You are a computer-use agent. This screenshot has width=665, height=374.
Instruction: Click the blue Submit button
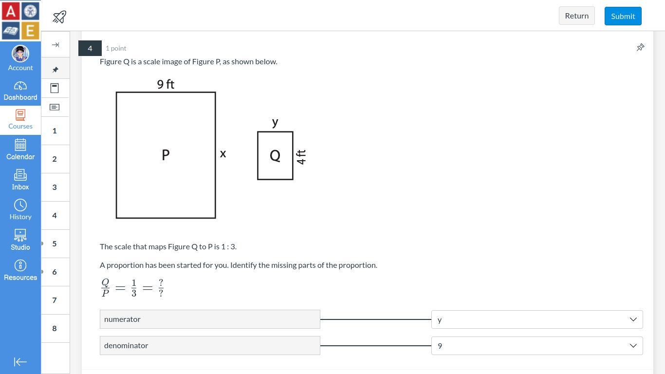(x=623, y=16)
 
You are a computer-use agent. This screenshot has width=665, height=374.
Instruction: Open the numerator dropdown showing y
(x=537, y=319)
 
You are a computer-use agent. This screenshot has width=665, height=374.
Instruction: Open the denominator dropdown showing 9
(x=537, y=345)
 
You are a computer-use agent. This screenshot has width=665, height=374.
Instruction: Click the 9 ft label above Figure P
(x=166, y=84)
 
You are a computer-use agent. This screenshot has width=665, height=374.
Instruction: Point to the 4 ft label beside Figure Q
(x=301, y=157)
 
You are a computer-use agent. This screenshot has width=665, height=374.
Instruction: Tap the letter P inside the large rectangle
(x=166, y=155)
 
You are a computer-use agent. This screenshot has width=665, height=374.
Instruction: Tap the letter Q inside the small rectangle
(x=275, y=155)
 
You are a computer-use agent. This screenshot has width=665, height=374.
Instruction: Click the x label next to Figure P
(x=223, y=154)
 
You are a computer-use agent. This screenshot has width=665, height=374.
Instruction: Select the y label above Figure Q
(x=275, y=122)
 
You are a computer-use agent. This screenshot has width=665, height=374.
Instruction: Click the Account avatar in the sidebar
(x=20, y=54)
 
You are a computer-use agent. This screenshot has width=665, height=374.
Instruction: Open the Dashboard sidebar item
(x=20, y=91)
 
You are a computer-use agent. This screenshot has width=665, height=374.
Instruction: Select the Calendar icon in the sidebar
(x=20, y=145)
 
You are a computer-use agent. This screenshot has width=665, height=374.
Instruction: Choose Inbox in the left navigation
(x=20, y=179)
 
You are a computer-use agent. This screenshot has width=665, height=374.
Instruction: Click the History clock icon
(x=20, y=205)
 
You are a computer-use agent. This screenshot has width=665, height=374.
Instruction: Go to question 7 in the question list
(x=55, y=300)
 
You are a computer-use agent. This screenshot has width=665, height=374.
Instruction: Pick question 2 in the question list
(x=55, y=159)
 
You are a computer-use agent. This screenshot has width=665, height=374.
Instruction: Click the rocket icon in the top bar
(x=59, y=17)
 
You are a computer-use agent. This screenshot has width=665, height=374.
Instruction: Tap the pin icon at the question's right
(x=640, y=48)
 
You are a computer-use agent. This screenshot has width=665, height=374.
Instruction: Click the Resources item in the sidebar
(x=20, y=270)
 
